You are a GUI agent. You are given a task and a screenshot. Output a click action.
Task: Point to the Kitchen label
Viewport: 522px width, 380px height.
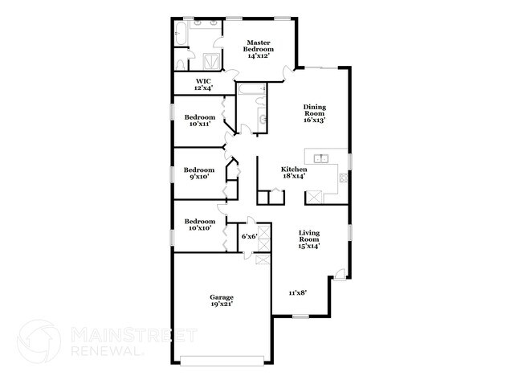coord(293,170)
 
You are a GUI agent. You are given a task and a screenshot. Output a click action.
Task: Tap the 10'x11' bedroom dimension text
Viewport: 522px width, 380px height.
coord(199,124)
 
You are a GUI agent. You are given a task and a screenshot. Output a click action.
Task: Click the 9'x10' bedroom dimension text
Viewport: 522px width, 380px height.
coord(199,177)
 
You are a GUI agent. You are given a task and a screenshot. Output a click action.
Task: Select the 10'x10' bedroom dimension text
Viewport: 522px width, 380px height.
coord(199,228)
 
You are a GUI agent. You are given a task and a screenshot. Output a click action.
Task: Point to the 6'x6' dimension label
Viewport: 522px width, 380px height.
coord(249,236)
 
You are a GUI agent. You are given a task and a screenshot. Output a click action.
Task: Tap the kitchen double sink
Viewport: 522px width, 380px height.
coord(320,157)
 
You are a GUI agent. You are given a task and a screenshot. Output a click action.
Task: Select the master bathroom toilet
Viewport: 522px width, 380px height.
coord(182,59)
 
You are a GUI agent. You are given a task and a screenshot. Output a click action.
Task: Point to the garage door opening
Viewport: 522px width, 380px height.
coord(222,358)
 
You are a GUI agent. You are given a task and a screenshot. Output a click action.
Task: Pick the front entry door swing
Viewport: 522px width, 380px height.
coord(341,275)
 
